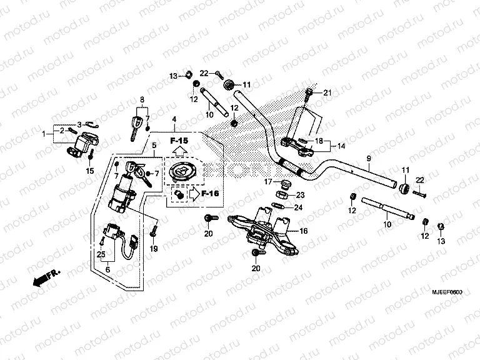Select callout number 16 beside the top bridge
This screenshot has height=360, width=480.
point(304,231)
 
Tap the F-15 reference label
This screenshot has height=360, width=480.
point(179,142)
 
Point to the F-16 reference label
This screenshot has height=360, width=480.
point(210,194)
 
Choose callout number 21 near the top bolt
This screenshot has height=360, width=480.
point(326,93)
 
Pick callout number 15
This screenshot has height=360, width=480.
point(89,171)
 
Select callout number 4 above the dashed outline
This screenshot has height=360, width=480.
point(174,119)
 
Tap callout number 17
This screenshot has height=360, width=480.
point(266,182)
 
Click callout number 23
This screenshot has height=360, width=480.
point(300,194)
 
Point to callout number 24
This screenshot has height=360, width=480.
point(298,207)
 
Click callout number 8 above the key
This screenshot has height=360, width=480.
point(142,99)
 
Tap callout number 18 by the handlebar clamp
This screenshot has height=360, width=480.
point(319,141)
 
